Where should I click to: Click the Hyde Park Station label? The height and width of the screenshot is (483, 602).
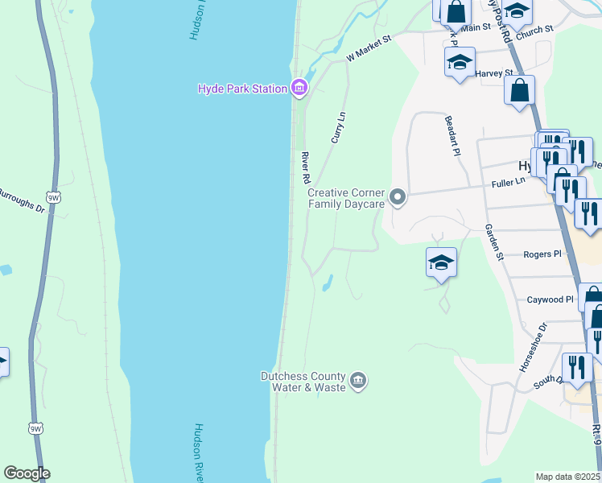243,89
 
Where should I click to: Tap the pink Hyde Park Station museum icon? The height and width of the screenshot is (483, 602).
299,88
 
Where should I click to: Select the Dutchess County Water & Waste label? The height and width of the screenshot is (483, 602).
303,382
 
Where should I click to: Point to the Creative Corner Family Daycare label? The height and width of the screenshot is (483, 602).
346,198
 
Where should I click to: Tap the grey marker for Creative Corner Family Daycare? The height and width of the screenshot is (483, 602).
396,196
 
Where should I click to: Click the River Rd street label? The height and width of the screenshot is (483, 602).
305,166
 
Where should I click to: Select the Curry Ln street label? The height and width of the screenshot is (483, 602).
339,128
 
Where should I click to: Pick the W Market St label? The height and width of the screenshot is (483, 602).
368,48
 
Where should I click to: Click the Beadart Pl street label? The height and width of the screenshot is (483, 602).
453,135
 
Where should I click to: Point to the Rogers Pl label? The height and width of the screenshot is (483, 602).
541,254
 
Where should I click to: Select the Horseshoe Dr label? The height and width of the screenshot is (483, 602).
532,347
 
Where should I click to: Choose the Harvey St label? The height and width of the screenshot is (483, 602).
494,73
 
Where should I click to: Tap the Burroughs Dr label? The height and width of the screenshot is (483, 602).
23,200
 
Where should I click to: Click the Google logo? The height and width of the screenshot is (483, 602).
27,473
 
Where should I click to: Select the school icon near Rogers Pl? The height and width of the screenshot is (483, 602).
441,262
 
